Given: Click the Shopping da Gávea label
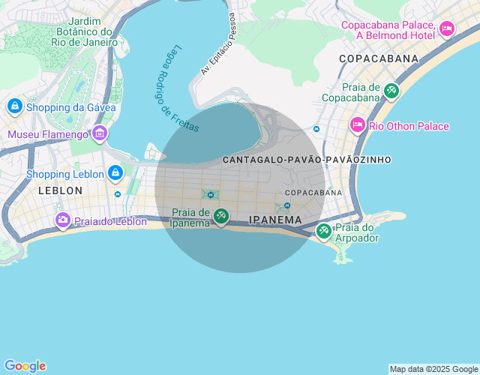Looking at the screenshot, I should point(71,107).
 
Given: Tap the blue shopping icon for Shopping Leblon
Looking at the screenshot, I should point(115,174).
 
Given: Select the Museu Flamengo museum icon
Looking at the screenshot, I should point(100,134).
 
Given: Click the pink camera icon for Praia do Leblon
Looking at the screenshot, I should point(63,220).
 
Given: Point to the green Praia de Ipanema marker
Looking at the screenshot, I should point(220,217).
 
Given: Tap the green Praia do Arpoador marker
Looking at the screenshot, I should point(324,231).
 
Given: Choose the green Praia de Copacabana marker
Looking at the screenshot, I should point(391,91).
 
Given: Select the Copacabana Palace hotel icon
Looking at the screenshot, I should point(447,29).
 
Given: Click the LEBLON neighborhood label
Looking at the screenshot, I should point(60,190).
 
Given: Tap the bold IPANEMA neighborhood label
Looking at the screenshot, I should point(275,220).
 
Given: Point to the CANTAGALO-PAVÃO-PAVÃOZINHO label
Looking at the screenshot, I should point(307,160).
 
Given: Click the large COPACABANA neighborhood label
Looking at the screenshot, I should point(378,58).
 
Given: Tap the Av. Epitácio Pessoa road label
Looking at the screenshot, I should point(217,43).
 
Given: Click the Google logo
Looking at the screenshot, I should point(25,366).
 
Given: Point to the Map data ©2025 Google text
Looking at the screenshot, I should point(433,369).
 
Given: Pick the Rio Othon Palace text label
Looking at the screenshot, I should point(409,126).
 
